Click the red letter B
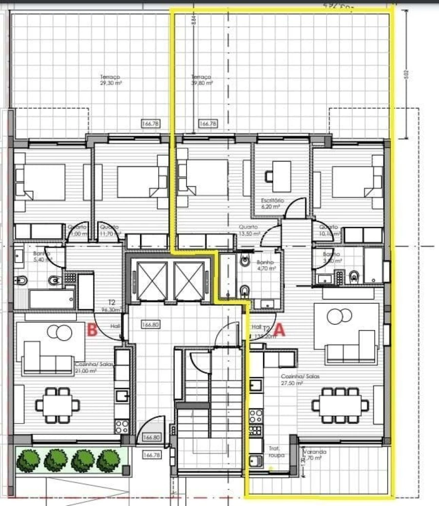tap(91, 331)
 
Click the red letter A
tap(279, 330)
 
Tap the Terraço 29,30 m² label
tap(111, 80)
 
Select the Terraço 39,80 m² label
tap(201, 80)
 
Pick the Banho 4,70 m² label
tap(266, 265)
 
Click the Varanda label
tap(314, 455)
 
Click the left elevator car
tap(153, 280)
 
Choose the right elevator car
tap(189, 280)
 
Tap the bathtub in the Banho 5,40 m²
tap(51, 299)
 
